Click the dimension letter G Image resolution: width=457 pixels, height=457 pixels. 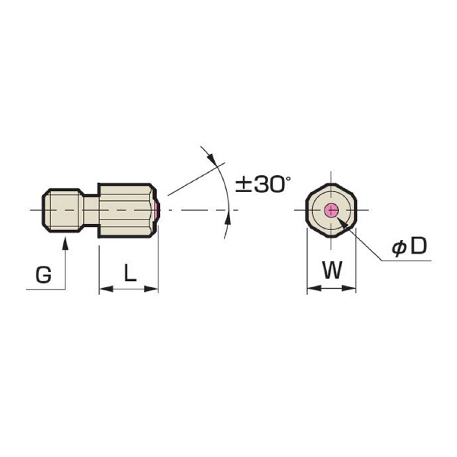(43, 275)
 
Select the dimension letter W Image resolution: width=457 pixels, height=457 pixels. (332, 270)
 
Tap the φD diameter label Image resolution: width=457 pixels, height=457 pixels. (409, 246)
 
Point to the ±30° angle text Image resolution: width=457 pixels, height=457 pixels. (264, 184)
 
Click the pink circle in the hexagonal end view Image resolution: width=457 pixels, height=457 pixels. (331, 210)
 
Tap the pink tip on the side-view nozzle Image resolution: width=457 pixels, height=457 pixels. (157, 210)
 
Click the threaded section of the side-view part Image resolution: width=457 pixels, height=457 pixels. (63, 210)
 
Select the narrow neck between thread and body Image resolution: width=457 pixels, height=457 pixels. (91, 210)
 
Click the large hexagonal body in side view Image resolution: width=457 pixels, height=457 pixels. (126, 210)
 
